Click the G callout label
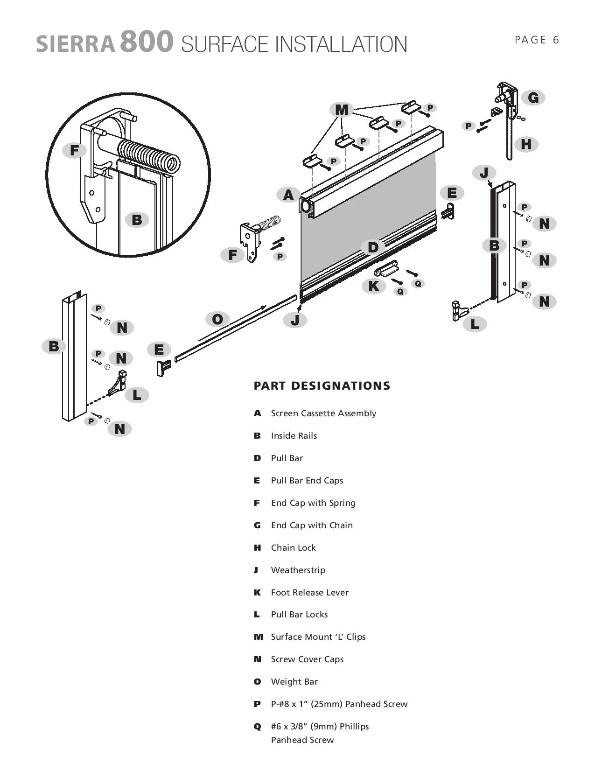(x=533, y=98)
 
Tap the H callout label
(x=526, y=144)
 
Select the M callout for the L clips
(x=342, y=110)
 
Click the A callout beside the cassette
(x=288, y=195)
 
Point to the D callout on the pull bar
(x=373, y=247)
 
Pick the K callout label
(x=373, y=286)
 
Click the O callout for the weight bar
(x=217, y=319)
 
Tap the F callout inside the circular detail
(x=74, y=151)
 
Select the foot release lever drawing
(x=386, y=269)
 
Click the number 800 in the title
(x=147, y=42)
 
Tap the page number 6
(x=556, y=40)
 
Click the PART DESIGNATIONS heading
(x=322, y=386)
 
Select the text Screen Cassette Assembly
(x=323, y=413)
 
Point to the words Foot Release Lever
(x=309, y=593)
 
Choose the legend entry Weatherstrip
(x=298, y=570)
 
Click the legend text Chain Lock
(x=293, y=548)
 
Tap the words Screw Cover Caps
(x=307, y=659)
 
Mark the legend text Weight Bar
(x=294, y=682)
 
